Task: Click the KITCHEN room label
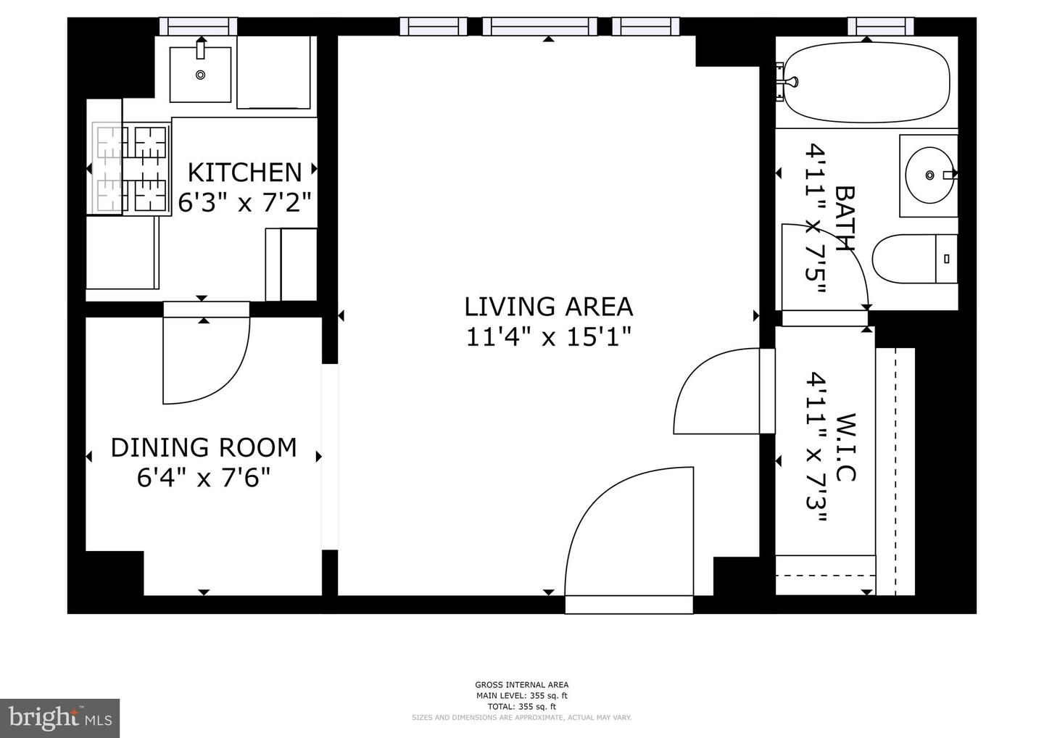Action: coord(245,173)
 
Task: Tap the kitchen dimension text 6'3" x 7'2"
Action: coord(245,203)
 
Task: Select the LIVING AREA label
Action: coord(549,307)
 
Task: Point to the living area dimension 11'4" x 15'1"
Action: coord(549,336)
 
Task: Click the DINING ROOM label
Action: coord(204,448)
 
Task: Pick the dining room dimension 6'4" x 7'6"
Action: coord(204,478)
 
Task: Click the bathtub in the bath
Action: coord(866,83)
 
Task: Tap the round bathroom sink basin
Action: coord(929,175)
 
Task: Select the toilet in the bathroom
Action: coord(914,259)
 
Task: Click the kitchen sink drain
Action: coord(200,75)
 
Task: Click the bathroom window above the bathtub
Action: coord(880,27)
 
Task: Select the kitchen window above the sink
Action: coord(199,27)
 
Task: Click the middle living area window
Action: coord(539,27)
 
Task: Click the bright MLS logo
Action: coord(59,718)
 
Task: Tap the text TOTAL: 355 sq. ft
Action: coord(521,707)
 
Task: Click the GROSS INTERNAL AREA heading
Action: coord(521,685)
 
